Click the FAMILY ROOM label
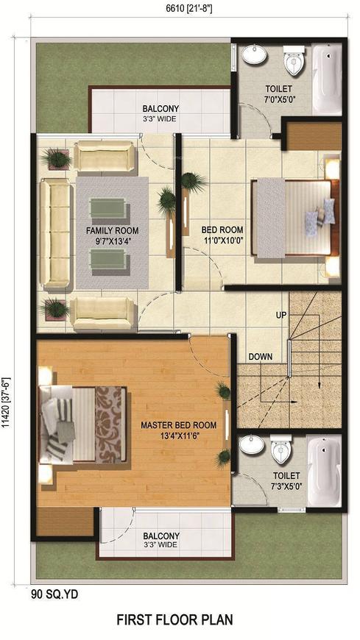112,230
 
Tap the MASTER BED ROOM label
179,425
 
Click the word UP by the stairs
281,315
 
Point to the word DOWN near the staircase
261,357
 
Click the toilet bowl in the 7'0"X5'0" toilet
294,60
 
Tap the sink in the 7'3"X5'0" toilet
252,445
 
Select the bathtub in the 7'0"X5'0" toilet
327,79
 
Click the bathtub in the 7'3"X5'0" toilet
324,470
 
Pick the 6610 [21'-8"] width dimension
188,9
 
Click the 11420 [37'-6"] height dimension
7,403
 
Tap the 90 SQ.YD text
54,594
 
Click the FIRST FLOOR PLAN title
175,620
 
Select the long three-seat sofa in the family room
55,233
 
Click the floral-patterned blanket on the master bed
110,424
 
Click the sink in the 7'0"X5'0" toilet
254,55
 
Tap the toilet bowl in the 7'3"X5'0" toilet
281,449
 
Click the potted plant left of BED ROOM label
193,182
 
